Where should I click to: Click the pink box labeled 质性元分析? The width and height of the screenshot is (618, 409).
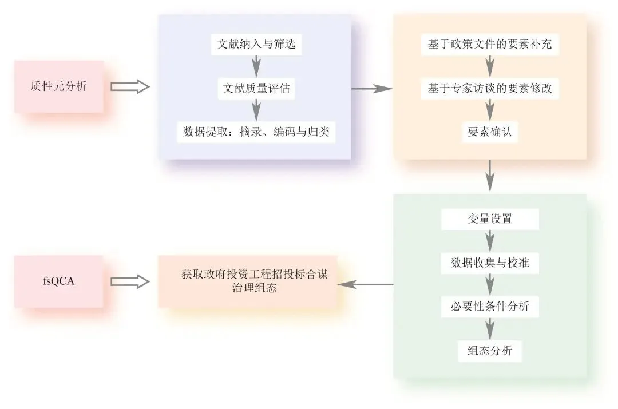(x=59, y=86)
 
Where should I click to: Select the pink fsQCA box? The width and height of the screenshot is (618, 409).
(x=59, y=281)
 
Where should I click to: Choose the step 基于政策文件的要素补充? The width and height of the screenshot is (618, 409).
(x=490, y=45)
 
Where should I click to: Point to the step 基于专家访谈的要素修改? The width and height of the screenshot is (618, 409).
(x=490, y=89)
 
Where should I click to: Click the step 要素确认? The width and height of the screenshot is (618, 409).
(x=490, y=133)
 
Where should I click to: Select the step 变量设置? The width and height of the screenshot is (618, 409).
(x=490, y=219)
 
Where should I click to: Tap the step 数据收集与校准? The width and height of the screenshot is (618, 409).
(x=490, y=263)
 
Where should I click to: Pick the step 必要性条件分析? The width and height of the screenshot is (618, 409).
(x=490, y=307)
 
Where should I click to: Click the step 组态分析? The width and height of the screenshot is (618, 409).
(x=490, y=351)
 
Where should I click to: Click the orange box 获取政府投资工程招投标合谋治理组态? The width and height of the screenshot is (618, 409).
(x=247, y=282)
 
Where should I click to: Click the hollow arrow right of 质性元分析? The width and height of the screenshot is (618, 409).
(x=129, y=87)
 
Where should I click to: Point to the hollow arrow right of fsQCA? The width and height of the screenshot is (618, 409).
(x=129, y=281)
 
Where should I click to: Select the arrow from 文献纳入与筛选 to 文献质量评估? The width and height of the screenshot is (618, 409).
(x=257, y=66)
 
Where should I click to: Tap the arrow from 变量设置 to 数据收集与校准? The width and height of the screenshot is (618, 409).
(x=490, y=240)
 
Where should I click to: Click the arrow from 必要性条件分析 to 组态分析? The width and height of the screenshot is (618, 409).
(x=490, y=329)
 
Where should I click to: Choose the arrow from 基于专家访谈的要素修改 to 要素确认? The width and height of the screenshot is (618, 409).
(x=490, y=110)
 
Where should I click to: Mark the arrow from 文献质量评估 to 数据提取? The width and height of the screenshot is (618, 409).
(x=257, y=110)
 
